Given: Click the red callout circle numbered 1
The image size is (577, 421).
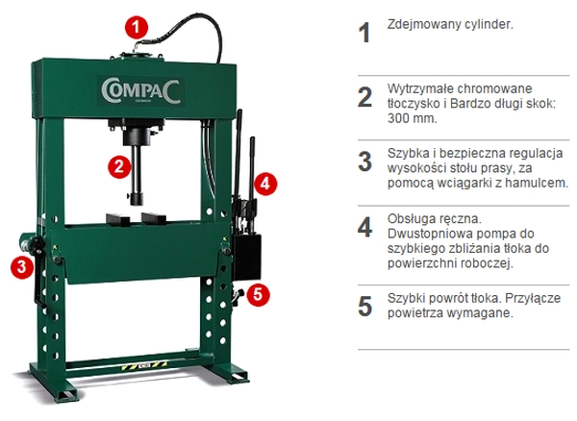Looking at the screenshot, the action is tap(137, 27).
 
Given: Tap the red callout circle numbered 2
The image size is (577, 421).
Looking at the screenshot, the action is tap(119, 166).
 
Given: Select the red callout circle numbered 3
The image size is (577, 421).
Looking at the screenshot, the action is tap(22, 266).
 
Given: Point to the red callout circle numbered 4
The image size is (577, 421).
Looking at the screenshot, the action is tap(265, 184).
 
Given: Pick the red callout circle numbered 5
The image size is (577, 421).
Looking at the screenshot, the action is tap(258, 294).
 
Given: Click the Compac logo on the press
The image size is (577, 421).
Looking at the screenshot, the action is tap(141, 91).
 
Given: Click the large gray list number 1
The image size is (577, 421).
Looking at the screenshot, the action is tap(364, 33).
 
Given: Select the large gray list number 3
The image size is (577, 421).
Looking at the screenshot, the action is tap(365, 161).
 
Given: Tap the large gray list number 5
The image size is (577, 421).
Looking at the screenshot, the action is tap(365, 307).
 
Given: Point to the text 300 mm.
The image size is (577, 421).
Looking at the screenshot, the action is tap(413, 119).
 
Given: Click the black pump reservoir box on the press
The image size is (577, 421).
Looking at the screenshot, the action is tap(246, 257).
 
